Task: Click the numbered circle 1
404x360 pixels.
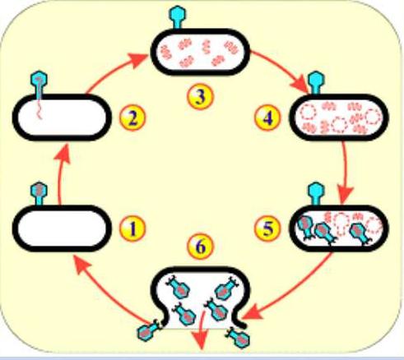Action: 132,228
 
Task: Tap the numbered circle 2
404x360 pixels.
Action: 132,118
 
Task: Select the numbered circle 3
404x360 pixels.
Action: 200,96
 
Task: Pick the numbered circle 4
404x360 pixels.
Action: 267,118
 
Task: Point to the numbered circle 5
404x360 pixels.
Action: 267,228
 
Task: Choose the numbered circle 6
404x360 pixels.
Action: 200,247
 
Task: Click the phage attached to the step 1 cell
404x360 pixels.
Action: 39,193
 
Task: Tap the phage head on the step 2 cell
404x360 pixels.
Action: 39,79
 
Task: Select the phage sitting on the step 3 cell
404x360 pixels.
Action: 178,17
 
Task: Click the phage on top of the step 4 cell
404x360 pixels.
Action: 316,83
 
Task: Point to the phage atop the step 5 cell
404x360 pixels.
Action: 316,194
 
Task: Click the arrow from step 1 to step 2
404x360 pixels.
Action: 61,174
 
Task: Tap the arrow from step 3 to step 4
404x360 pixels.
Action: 281,70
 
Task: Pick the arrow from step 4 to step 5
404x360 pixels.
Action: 345,173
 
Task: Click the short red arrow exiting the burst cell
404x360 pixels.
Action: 202,330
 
